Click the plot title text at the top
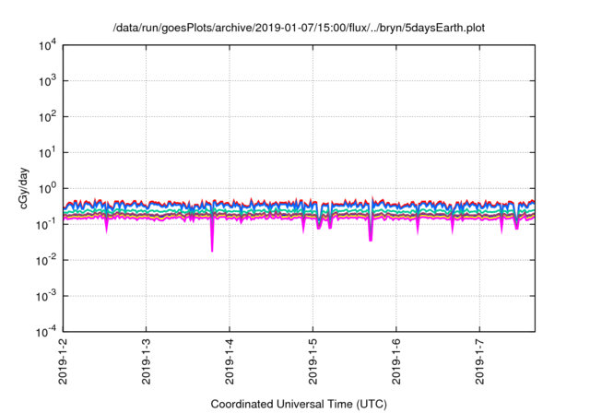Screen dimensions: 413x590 (299, 29)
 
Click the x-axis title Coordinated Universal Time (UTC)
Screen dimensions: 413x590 (299, 404)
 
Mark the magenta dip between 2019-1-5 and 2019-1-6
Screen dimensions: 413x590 (371, 238)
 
